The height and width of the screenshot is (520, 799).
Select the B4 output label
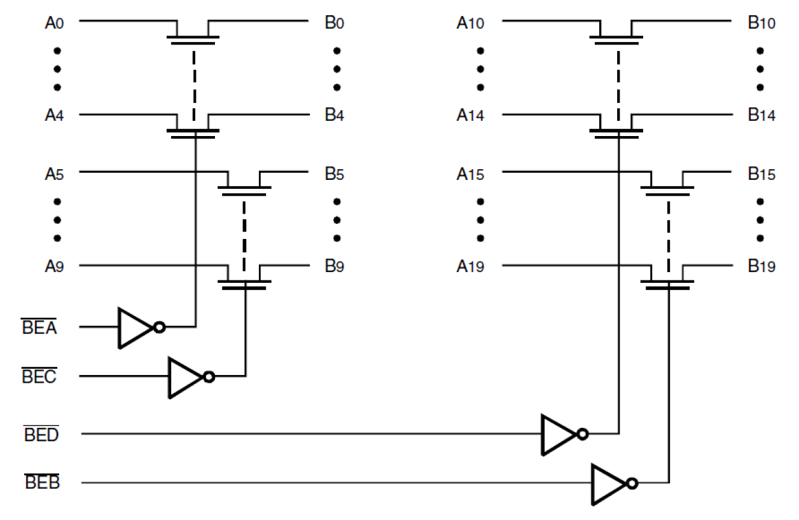pyautogui.click(x=334, y=116)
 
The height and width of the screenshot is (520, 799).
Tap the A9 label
pyautogui.click(x=53, y=267)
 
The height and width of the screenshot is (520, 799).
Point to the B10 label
pyautogui.click(x=761, y=24)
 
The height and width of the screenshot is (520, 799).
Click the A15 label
pyautogui.click(x=470, y=174)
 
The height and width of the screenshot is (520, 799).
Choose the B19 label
pyautogui.click(x=761, y=267)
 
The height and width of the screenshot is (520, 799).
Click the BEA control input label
pyautogui.click(x=39, y=328)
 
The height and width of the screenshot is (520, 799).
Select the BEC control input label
pyautogui.click(x=39, y=377)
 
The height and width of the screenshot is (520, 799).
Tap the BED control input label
pyautogui.click(x=41, y=435)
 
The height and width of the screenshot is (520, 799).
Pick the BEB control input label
pyautogui.click(x=42, y=484)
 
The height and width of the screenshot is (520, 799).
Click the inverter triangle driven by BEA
pyautogui.click(x=134, y=328)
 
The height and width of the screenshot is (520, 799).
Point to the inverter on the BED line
pyautogui.click(x=558, y=435)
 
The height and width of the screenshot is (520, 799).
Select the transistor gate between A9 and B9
pyautogui.click(x=245, y=284)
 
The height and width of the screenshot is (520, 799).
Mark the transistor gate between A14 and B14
pyautogui.click(x=616, y=133)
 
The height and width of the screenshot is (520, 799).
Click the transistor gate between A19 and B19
pyautogui.click(x=668, y=284)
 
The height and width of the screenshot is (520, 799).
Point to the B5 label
pyautogui.click(x=334, y=174)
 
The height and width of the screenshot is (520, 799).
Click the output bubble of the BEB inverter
pyautogui.click(x=631, y=484)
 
